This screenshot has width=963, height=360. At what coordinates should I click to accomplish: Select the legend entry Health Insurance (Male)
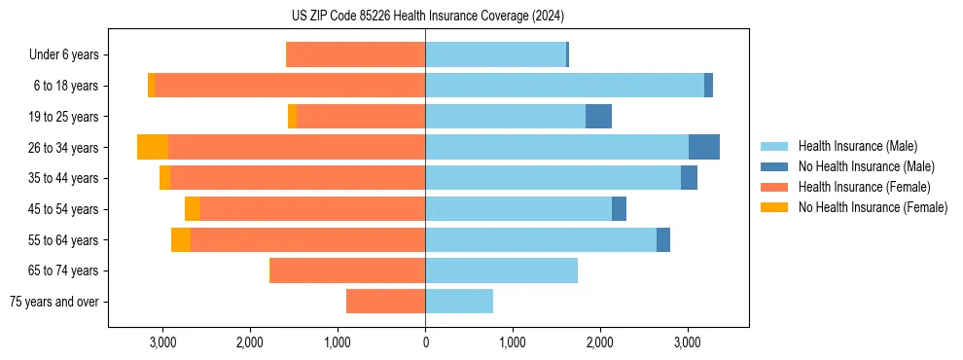(x=857, y=146)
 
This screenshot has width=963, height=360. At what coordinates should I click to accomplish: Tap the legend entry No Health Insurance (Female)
(x=873, y=207)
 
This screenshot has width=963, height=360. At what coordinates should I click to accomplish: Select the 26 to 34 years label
(x=64, y=148)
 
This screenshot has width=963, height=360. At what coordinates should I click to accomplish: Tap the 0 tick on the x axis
(x=425, y=342)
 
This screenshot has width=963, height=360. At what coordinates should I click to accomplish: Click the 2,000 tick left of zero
(x=250, y=342)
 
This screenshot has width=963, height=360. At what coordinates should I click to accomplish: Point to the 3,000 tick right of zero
(x=688, y=342)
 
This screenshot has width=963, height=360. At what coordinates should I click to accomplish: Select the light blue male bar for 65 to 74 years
(x=501, y=270)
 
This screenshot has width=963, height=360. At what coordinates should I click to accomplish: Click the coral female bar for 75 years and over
(x=385, y=302)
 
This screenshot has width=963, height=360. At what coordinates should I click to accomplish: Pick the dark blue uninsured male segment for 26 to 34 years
(x=704, y=147)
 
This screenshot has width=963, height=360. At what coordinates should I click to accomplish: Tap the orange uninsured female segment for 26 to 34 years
(x=153, y=147)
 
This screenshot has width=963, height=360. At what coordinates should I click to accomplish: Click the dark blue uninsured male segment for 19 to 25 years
(x=598, y=117)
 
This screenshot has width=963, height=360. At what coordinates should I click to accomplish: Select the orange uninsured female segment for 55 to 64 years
(x=181, y=239)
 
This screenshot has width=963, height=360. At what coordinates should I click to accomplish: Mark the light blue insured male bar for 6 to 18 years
(x=564, y=86)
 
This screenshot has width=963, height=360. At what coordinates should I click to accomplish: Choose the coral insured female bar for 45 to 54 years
(x=312, y=209)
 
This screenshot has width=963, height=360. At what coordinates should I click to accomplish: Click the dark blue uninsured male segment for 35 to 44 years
(x=689, y=178)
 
